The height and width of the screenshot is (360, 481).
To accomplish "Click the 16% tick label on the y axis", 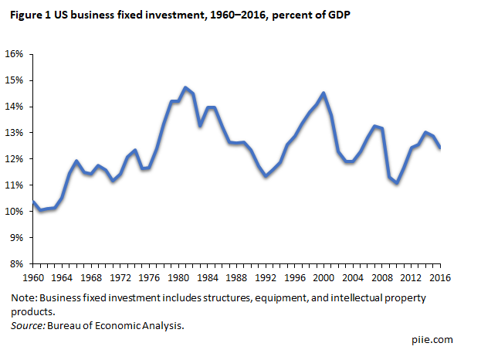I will coord(15,54).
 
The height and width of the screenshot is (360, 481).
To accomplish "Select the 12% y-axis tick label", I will coord(15,159).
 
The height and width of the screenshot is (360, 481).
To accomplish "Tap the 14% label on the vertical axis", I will coord(15,107).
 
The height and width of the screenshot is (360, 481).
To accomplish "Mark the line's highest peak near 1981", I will coord(185,88).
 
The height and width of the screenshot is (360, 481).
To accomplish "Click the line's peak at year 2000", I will coord(323,93).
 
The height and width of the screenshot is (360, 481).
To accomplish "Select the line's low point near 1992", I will coord(266,176).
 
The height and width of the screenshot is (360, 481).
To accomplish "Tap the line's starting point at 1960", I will coord(33,201).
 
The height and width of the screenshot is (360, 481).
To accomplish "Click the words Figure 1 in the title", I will coord(32,18).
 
